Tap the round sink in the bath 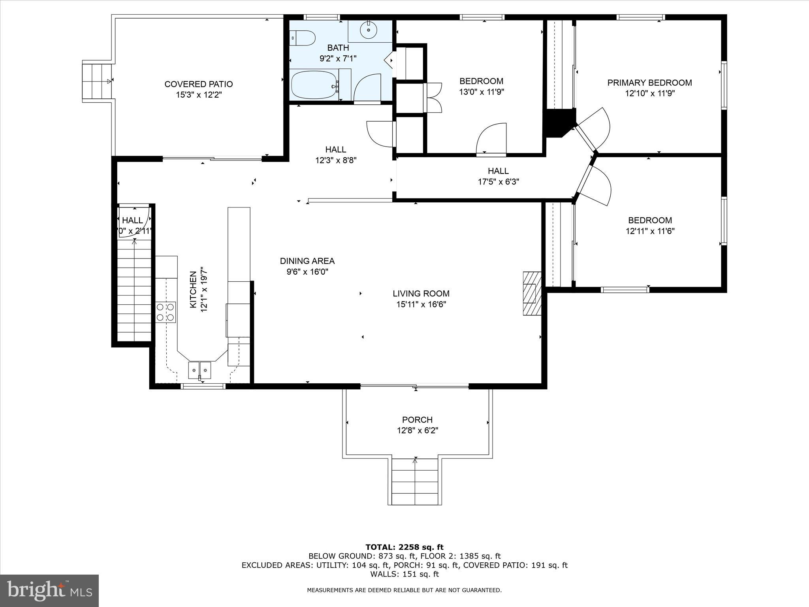(x=368, y=30)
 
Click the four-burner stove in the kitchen (x=166, y=312)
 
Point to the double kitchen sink (x=199, y=370)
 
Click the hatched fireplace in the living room (x=532, y=293)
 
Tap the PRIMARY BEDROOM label (x=649, y=83)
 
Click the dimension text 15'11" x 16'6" (x=421, y=304)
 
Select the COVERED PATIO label (x=199, y=84)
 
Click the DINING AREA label (x=307, y=261)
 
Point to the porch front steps (x=415, y=481)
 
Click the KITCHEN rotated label (x=193, y=290)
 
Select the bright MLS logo (x=49, y=590)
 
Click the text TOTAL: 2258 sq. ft (x=404, y=547)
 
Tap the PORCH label (x=417, y=420)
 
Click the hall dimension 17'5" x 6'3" (x=498, y=182)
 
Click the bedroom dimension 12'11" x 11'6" (x=650, y=231)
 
